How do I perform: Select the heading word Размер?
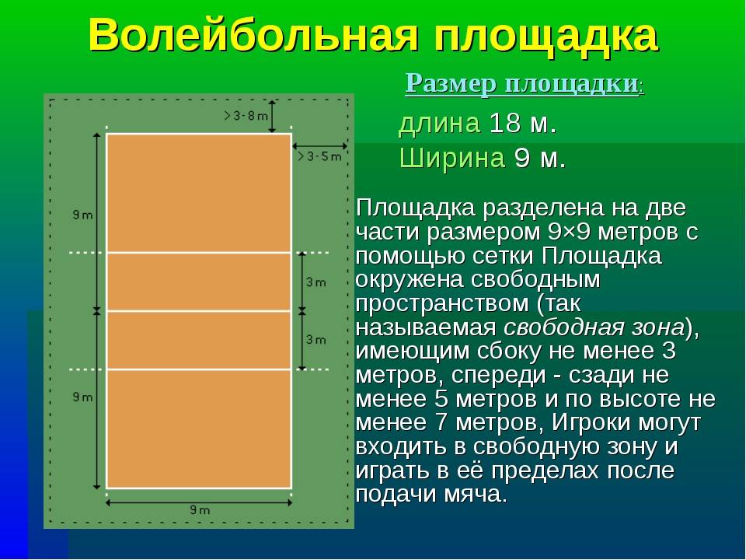[x=450, y=84]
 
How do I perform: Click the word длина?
[x=439, y=124]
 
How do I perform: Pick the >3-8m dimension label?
[x=246, y=116]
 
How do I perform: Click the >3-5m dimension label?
[x=319, y=156]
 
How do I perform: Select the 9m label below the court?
[x=200, y=510]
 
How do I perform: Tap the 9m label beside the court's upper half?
[x=82, y=215]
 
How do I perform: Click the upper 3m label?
[x=316, y=282]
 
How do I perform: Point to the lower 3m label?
[x=316, y=340]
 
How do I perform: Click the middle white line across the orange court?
[x=199, y=311]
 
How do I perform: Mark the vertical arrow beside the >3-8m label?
[x=272, y=116]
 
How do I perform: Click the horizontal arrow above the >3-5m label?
[x=319, y=145]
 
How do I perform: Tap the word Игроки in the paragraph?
[x=593, y=423]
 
